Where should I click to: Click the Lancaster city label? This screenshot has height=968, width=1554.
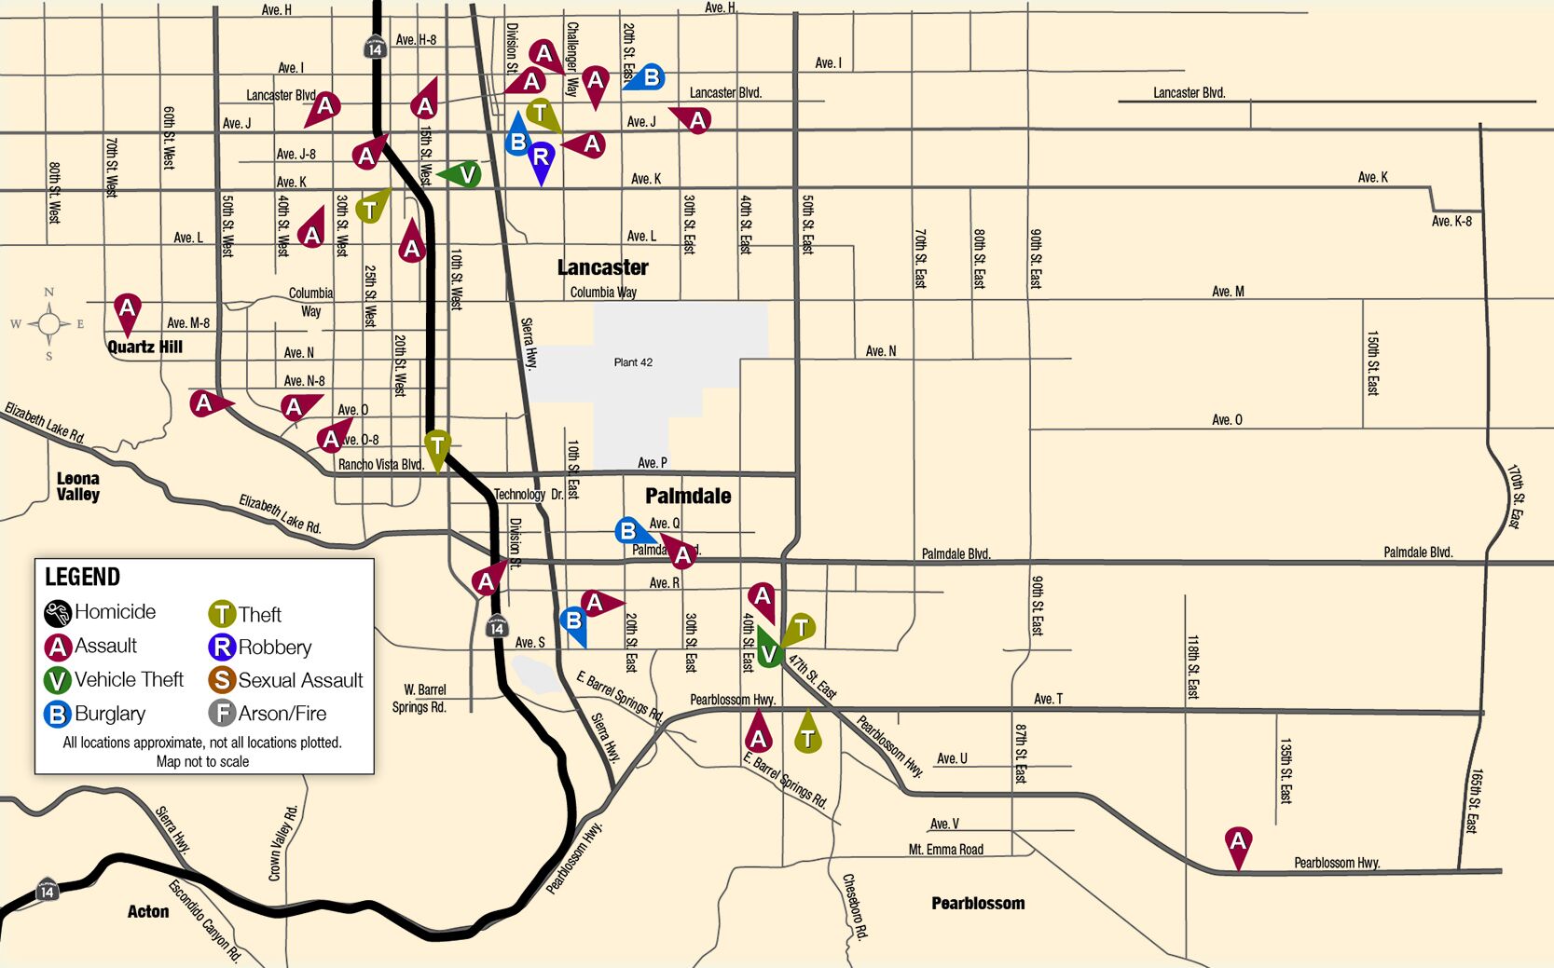point(602,267)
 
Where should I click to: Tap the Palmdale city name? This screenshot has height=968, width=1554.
point(688,496)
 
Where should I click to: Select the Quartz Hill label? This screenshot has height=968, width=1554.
point(144,347)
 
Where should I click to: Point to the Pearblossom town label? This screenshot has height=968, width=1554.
point(978,903)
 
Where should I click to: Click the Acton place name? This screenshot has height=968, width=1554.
point(148,911)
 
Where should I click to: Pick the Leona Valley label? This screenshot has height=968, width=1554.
point(77,486)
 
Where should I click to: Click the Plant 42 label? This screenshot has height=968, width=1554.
point(633,362)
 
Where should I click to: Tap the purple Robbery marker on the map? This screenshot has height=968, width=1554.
point(540,157)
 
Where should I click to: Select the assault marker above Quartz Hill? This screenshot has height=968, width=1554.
point(128,308)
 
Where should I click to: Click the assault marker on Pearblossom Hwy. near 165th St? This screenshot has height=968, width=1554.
point(1237,841)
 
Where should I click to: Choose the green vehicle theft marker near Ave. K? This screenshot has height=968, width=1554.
point(467,173)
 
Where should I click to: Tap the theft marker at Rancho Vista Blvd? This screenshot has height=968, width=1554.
point(437,446)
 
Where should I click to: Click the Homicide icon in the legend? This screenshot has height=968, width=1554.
point(58,613)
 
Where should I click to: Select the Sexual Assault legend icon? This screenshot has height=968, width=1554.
point(222,680)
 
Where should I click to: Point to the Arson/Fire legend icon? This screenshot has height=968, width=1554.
point(222,714)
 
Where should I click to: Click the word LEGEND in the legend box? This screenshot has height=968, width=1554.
point(83,577)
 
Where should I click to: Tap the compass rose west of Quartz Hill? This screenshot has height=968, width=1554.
point(48,324)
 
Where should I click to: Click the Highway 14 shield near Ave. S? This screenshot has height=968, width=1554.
point(497,627)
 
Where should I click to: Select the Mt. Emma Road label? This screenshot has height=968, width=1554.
point(945,850)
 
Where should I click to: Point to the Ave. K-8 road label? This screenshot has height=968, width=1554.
point(1451,221)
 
